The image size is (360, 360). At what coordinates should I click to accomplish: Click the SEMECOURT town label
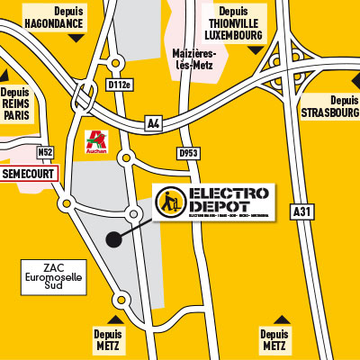pos(27,172)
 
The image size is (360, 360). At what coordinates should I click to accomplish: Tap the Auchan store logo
pos(95,141)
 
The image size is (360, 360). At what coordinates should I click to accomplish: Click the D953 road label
pos(189,153)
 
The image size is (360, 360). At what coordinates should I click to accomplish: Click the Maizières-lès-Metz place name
pos(197,59)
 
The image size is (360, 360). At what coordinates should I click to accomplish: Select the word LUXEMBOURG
pos(232,35)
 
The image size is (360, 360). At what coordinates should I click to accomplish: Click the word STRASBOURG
pos(329,112)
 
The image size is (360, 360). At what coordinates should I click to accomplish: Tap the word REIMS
pos(15,104)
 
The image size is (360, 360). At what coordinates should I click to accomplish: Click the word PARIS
pos(15,116)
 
